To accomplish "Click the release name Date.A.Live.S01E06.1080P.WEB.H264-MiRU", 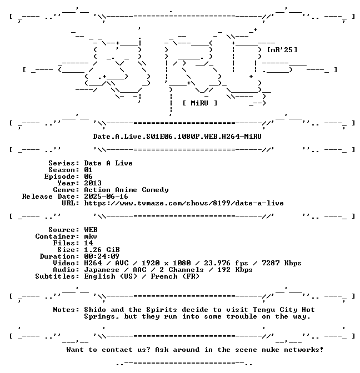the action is coord(177,137).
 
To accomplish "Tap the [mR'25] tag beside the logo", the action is coord(282,50).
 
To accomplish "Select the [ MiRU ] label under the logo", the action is coord(200,103).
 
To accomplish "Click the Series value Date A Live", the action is coord(108,163).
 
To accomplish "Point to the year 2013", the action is coord(93,183).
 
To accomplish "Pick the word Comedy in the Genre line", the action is coord(155,190).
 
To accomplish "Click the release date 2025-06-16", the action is coord(106,196).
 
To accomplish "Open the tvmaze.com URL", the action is coord(184,203).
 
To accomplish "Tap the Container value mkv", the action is coord(91,236).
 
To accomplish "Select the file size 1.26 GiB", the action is coord(102,250).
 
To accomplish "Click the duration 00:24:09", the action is coord(102,256).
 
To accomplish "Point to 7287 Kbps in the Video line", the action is coord(282,263).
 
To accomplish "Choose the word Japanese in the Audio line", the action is coord(102,270).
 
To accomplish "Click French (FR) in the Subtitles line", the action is coord(175,276).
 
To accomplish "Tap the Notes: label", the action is coord(66,310).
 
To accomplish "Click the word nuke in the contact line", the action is coord(271,350).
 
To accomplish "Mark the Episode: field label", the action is coord(62,177).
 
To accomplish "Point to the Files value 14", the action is coord(88,243).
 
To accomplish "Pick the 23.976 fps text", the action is coord(226,263).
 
